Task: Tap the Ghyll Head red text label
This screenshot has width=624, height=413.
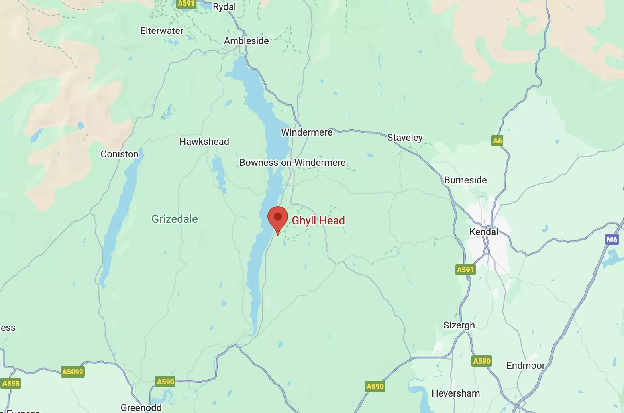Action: (318, 220)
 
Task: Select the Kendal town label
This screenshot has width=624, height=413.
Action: (483, 232)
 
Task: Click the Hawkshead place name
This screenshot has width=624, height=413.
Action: (204, 142)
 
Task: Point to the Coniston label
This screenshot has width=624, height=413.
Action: (120, 154)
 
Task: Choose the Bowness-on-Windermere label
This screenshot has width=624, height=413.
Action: (292, 163)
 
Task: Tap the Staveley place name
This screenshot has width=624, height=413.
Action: (404, 138)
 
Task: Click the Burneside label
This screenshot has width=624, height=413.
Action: (465, 180)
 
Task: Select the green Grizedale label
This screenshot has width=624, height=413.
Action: (175, 219)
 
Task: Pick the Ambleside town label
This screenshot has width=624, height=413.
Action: (246, 41)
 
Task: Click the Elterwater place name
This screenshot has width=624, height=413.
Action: (162, 31)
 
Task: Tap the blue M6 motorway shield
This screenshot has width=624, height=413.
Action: (612, 240)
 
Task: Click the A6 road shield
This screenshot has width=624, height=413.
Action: (497, 140)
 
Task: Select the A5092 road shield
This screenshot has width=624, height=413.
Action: (73, 372)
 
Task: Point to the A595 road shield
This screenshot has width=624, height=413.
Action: (11, 383)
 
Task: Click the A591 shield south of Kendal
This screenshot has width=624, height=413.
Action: (465, 270)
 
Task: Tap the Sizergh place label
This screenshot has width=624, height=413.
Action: (459, 325)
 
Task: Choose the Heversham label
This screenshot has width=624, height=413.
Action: (455, 393)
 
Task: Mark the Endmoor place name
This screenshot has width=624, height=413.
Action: (525, 366)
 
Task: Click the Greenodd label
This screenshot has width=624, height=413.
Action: (141, 407)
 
